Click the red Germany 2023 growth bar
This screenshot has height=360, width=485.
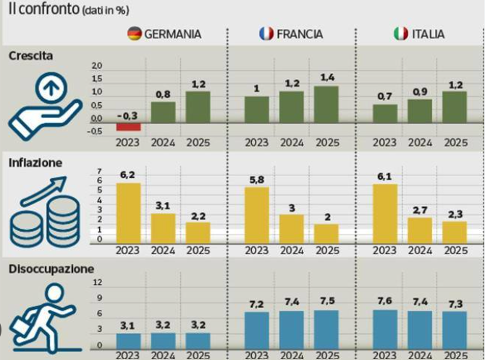coord(128,126)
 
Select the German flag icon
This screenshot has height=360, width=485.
coord(134,34)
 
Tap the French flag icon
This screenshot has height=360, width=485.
coord(266,34)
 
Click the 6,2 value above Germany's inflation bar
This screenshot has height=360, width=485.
coord(128,175)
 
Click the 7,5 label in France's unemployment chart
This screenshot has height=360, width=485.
coord(326,302)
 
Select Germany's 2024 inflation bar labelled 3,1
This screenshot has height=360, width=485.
coord(163,227)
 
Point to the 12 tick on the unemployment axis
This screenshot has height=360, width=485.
coord(98,282)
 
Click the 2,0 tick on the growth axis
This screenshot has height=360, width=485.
coord(96,66)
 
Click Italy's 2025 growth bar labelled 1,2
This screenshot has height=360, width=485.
coord(455,104)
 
